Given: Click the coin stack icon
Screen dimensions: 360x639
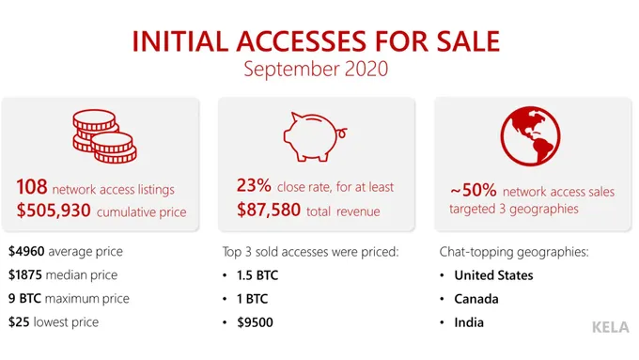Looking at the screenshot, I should coord(101,137).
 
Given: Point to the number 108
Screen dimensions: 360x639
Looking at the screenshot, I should coord(32,188).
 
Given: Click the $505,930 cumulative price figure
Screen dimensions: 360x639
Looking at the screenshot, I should coord(55,211).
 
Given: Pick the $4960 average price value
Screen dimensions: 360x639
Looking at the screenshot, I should coord(29,252).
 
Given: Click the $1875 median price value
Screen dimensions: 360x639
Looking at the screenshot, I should coord(29,275).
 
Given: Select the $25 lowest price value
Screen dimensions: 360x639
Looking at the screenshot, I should coord(21,322).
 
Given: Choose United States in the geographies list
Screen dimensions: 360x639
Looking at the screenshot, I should coord(493,275).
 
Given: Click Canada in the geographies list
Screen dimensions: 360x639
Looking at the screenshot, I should coord(477,299).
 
